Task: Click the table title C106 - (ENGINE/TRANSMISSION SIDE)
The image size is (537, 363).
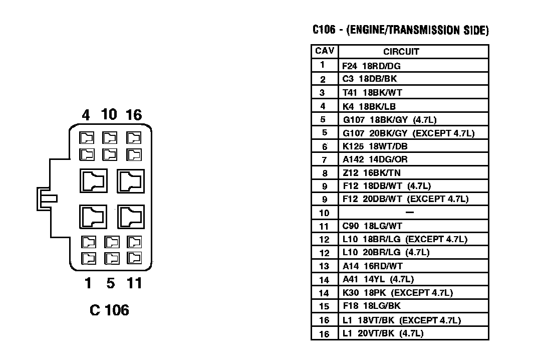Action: tap(400, 30)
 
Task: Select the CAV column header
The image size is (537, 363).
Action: tap(324, 51)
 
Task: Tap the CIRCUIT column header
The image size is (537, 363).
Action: tap(401, 52)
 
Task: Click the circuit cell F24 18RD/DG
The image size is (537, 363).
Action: tap(372, 66)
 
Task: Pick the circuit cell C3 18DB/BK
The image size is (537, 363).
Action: tap(370, 79)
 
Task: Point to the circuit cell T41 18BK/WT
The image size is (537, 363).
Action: tap(372, 92)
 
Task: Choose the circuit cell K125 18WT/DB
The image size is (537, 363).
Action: tap(375, 146)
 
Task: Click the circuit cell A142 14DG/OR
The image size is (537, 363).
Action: tap(375, 159)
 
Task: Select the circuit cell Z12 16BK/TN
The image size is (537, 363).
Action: tap(373, 173)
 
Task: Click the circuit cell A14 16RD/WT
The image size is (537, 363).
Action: tap(373, 266)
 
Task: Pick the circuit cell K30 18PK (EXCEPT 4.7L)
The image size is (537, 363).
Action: tap(398, 293)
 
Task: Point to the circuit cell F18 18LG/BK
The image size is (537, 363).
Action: tap(372, 306)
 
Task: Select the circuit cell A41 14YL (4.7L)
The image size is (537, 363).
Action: tap(378, 279)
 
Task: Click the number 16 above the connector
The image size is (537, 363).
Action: tap(134, 115)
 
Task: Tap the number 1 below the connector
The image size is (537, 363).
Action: tap(88, 284)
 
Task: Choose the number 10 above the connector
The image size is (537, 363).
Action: tap(109, 115)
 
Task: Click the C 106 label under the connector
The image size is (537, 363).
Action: tap(109, 310)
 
